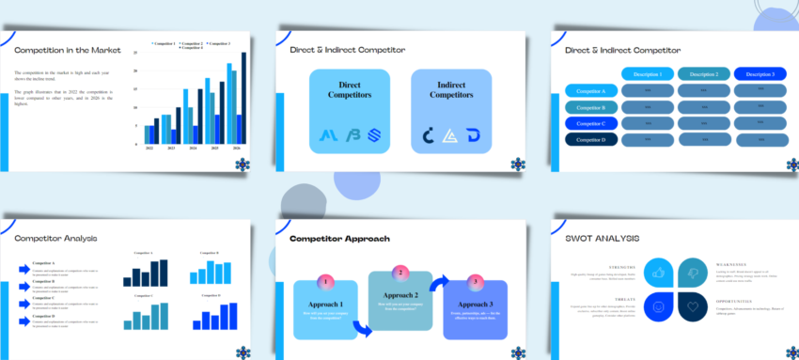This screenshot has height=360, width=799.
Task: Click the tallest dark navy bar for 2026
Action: click(243, 99)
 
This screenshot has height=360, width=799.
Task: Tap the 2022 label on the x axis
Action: click(149, 149)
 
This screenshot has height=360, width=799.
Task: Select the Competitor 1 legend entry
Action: click(163, 43)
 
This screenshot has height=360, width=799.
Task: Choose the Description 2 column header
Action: click(702, 74)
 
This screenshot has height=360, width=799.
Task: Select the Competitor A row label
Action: click(590, 91)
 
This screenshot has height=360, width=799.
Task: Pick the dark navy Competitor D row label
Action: click(590, 139)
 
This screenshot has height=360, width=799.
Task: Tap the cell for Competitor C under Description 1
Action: click(648, 123)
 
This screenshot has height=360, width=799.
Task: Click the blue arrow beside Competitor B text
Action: click(24, 286)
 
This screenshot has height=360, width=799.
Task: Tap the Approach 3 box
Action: click(475, 310)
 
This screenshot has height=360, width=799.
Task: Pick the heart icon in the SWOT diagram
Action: click(694, 306)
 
